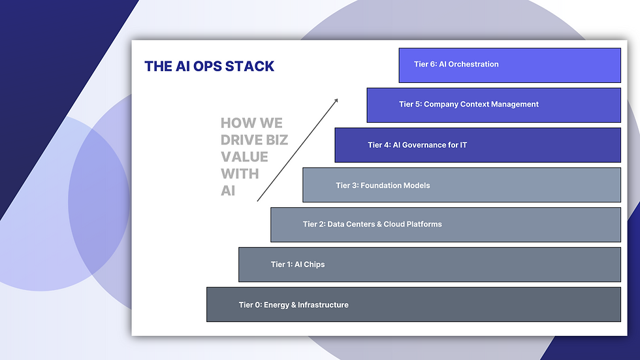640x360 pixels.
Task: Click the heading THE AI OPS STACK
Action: pos(209,66)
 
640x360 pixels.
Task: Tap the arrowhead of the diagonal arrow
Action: pos(336,100)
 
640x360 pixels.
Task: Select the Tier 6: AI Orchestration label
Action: pos(456,64)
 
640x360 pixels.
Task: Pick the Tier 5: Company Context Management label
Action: pos(469,104)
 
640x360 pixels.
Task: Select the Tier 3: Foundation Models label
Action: pos(383,186)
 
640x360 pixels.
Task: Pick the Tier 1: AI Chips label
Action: pos(298,265)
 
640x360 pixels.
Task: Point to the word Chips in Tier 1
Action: pos(314,265)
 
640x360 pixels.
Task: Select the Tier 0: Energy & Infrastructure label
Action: pos(293,305)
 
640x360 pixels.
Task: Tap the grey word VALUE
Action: pos(244,157)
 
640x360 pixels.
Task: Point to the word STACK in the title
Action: pos(251,66)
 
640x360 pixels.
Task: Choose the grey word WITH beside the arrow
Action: pos(240,174)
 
